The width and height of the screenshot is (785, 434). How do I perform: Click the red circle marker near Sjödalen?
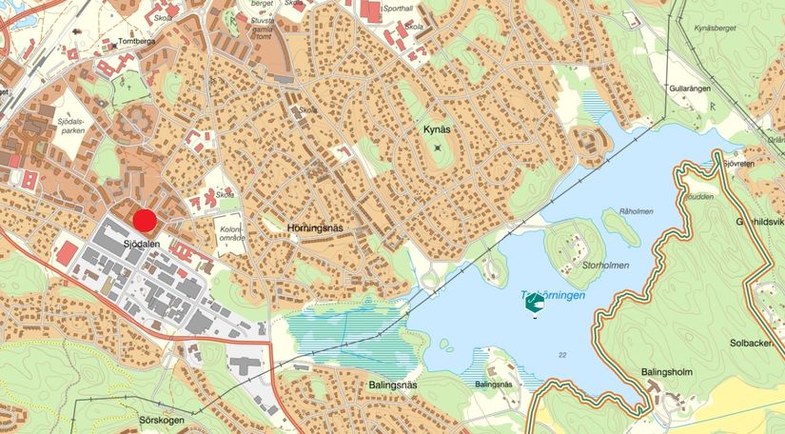(x=145, y=221)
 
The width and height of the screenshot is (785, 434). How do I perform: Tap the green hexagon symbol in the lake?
(x=535, y=303)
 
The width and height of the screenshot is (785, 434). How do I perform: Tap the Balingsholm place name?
(x=667, y=371)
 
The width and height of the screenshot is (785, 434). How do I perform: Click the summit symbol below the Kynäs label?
(x=438, y=148)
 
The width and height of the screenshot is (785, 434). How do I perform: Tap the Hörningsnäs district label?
(x=314, y=228)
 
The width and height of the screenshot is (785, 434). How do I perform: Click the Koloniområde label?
(x=231, y=233)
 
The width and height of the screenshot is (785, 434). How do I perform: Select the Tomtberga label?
(x=136, y=42)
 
